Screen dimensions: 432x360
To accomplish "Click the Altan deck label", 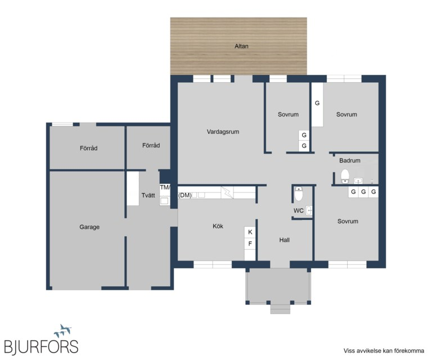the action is pyautogui.click(x=241, y=46).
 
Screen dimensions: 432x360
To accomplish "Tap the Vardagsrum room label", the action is pyautogui.click(x=223, y=132).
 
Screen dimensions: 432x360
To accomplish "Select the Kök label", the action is pyautogui.click(x=218, y=226).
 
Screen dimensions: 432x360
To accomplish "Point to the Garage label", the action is pyautogui.click(x=89, y=227).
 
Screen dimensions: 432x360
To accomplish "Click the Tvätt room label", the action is pyautogui.click(x=148, y=195).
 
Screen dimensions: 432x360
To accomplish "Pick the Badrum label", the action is pyautogui.click(x=350, y=160).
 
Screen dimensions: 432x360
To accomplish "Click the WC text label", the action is pyautogui.click(x=298, y=211).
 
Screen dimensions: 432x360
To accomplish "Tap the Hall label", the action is pyautogui.click(x=284, y=240).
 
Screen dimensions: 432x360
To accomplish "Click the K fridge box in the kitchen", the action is pyautogui.click(x=250, y=232).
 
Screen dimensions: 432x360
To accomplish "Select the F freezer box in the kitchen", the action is pyautogui.click(x=250, y=244).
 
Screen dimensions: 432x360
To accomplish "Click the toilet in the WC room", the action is pyautogui.click(x=298, y=193).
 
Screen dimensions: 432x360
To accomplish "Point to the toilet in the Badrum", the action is pyautogui.click(x=345, y=176).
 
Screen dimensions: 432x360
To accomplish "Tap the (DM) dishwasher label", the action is pyautogui.click(x=185, y=195).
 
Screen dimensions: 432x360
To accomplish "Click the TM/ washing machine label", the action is pyautogui.click(x=165, y=187).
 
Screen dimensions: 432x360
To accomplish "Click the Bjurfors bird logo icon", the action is pyautogui.click(x=63, y=331).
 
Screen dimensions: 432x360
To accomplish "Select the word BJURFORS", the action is pyautogui.click(x=41, y=346).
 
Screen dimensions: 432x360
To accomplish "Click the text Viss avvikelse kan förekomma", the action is pyautogui.click(x=384, y=350).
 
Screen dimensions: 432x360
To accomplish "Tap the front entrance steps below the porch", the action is pyautogui.click(x=280, y=309).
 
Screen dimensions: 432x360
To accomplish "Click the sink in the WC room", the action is pyautogui.click(x=309, y=211).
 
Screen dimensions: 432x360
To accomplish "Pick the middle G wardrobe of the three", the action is pyautogui.click(x=363, y=192).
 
